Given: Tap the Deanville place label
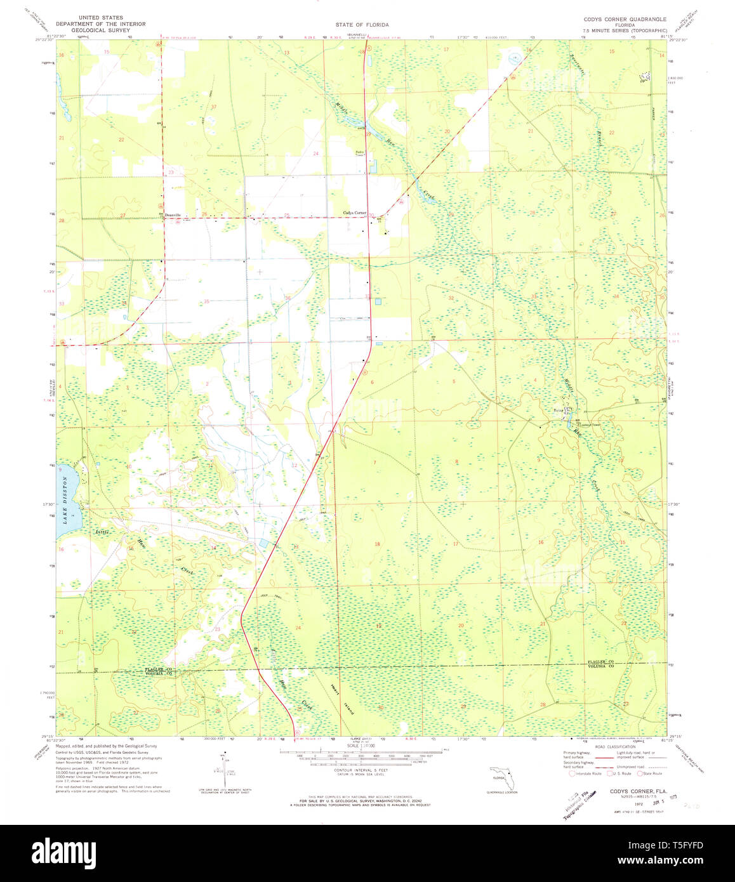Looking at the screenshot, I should click(x=172, y=215).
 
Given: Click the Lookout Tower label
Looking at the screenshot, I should click(x=580, y=424).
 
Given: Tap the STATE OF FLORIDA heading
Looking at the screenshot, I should click(x=362, y=25).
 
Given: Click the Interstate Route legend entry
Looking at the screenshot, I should click(x=587, y=773).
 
